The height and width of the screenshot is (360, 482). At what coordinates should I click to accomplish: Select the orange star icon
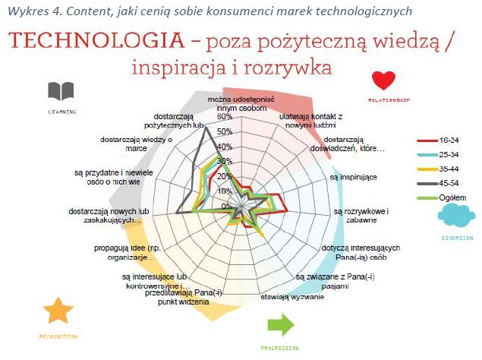click(58, 311)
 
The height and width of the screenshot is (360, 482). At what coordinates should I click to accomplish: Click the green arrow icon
click(280, 326)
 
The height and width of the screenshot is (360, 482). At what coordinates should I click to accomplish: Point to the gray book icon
click(61, 92)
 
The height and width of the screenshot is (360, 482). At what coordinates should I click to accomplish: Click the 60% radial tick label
click(225, 118)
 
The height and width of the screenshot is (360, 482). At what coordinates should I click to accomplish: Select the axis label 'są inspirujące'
click(353, 176)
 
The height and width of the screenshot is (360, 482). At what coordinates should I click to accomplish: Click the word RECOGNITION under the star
click(58, 335)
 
